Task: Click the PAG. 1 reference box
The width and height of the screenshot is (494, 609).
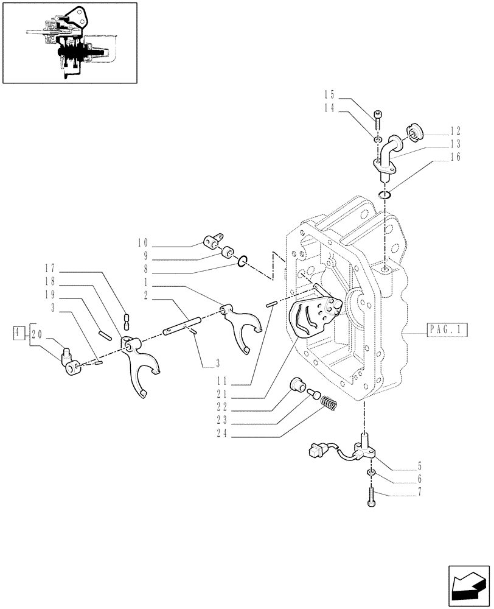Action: pos(443,330)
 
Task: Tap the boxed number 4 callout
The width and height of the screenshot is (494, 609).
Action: pos(19,333)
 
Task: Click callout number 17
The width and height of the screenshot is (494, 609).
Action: pos(50,267)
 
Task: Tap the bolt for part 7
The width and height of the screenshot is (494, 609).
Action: pos(372,496)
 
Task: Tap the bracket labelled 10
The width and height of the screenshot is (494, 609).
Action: pos(210,242)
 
